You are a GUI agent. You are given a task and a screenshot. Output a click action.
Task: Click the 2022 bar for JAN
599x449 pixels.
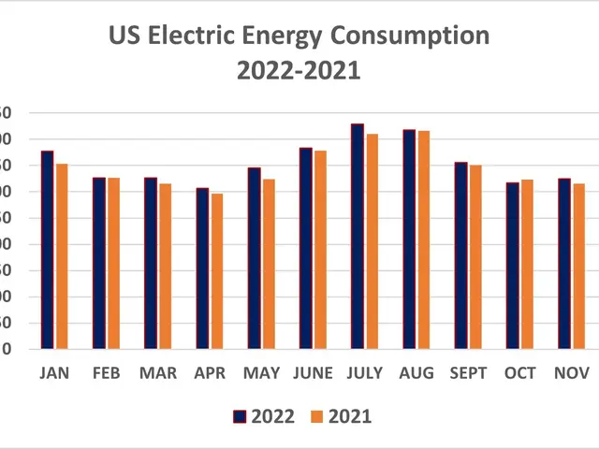47,250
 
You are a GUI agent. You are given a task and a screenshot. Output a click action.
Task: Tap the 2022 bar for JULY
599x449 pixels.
358,237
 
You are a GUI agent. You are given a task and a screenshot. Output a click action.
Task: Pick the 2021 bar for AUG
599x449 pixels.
424,240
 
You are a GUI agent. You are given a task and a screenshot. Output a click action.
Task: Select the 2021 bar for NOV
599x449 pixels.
578,267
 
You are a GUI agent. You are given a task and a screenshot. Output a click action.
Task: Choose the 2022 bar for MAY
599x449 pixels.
254,258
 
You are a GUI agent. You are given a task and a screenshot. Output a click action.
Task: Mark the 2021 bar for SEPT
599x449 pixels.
475,257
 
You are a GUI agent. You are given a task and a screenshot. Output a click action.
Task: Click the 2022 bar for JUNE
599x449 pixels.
306,248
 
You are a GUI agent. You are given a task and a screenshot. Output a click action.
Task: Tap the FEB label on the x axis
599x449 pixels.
106,373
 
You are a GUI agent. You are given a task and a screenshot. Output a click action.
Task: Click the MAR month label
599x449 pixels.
158,373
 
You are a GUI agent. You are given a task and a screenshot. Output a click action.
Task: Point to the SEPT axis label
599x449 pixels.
468,373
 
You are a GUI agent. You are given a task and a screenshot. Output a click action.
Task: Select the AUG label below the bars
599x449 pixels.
416,373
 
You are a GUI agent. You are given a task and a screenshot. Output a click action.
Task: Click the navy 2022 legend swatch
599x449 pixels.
239,416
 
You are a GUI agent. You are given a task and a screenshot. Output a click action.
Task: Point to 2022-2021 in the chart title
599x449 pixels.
299,71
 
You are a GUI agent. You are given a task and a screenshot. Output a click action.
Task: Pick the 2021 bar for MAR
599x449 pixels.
166,267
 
